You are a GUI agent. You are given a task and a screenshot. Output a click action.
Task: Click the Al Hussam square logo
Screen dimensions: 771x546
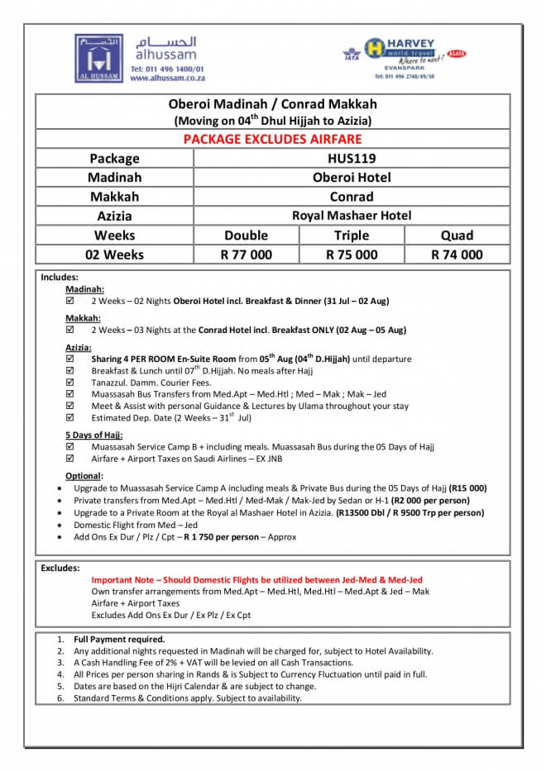tap(98, 57)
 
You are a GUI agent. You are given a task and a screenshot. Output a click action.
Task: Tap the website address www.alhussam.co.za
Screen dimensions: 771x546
tap(167, 78)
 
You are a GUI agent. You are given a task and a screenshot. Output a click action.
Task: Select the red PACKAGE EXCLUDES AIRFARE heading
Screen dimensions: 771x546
tap(272, 139)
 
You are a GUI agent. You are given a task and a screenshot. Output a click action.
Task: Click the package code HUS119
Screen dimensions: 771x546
tap(352, 158)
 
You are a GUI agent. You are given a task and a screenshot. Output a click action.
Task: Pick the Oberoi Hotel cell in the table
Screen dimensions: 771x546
tap(352, 177)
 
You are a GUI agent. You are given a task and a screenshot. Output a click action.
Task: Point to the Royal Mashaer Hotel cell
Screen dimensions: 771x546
tap(352, 216)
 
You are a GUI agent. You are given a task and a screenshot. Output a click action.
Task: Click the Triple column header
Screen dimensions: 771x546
tap(352, 235)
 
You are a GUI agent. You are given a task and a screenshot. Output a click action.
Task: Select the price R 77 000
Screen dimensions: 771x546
tap(246, 255)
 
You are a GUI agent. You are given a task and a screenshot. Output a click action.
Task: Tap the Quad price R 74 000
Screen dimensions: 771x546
tap(457, 255)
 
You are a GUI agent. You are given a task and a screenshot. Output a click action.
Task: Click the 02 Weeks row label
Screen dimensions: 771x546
tap(114, 255)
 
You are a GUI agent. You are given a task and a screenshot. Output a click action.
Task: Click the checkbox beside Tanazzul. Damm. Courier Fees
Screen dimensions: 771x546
tap(70, 383)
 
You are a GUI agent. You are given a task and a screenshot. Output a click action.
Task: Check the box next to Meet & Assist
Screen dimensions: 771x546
tap(70, 406)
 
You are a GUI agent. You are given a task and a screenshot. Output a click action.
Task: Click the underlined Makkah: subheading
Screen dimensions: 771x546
tap(83, 318)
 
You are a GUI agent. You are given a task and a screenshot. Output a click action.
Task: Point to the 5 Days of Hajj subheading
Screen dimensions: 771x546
tap(93, 435)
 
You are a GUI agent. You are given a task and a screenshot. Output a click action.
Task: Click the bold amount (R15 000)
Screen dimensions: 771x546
tap(467, 488)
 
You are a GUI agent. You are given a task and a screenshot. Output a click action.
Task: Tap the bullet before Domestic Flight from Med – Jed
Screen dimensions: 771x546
tap(58, 525)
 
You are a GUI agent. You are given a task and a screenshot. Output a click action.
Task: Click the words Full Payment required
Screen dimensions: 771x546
tap(119, 639)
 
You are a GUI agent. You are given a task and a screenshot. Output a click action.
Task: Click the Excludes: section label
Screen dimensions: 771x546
tap(60, 568)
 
